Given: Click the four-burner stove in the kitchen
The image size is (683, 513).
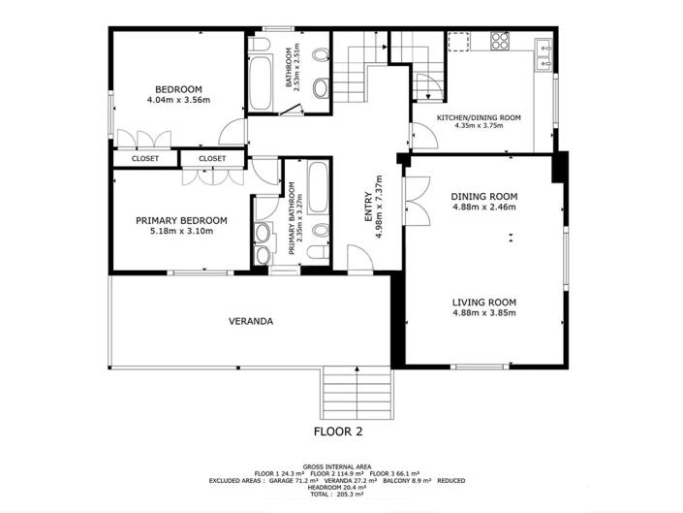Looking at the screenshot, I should coord(501,41).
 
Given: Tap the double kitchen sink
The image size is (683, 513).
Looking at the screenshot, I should coord(544,54).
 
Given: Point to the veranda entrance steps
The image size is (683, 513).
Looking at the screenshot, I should coord(357,396).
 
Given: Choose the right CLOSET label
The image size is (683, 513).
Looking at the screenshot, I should coord(211,158).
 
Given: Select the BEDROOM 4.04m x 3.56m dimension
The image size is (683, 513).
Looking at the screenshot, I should coord(178,100).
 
